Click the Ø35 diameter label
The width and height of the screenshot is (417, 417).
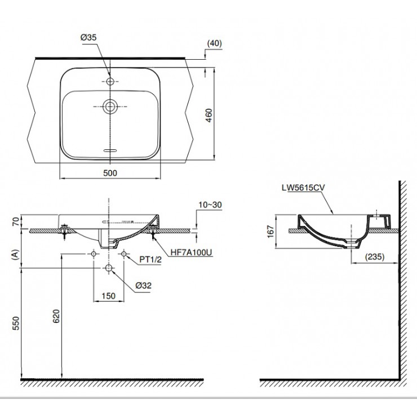point(90,37)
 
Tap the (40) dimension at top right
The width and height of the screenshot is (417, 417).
point(214,43)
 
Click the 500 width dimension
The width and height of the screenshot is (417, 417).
point(110,174)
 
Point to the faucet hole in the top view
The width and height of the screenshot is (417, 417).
point(110,82)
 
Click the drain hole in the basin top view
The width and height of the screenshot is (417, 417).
point(110,105)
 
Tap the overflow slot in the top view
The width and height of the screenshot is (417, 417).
point(110,150)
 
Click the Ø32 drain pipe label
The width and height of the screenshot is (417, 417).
point(142,286)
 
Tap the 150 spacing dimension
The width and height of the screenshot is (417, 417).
point(108,295)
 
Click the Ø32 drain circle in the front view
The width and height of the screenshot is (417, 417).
point(108,269)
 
